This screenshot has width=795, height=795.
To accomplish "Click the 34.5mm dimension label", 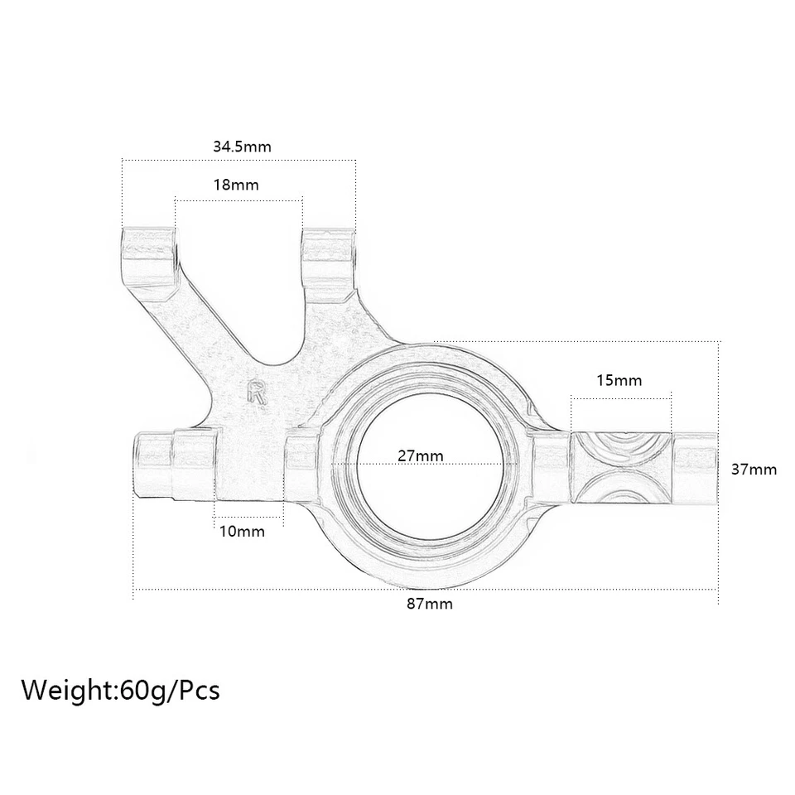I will [242, 147].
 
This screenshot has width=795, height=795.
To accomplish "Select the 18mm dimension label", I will [236, 185].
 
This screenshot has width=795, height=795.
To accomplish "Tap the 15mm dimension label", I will [619, 380].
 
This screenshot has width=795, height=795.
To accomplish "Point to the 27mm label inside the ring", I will [420, 455].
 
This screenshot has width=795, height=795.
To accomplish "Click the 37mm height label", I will [754, 470].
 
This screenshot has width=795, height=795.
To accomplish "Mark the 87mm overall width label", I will [430, 604].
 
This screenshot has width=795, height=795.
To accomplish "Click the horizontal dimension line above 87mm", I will [426, 589].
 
